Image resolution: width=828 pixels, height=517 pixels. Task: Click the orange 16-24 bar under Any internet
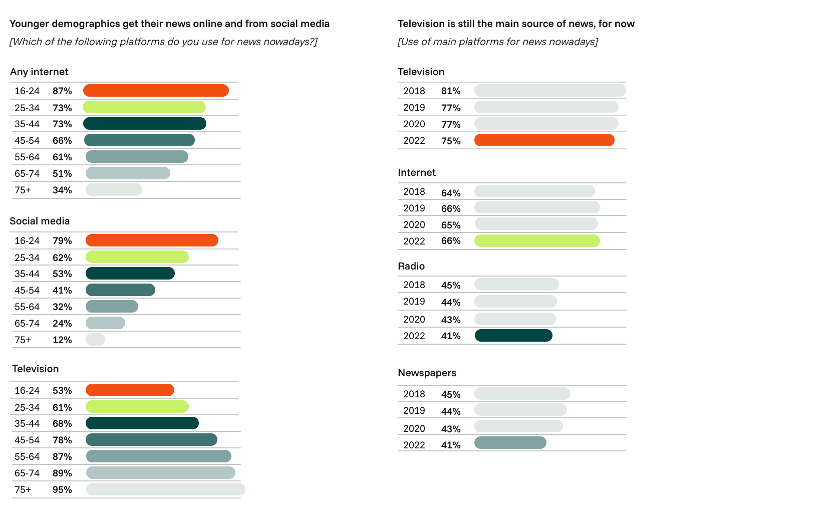pyautogui.click(x=156, y=91)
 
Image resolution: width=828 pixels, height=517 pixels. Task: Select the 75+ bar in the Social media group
pyautogui.click(x=95, y=340)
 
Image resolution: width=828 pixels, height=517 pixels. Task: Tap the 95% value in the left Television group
pyautogui.click(x=62, y=490)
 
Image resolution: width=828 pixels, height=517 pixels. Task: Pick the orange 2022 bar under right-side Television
pyautogui.click(x=544, y=140)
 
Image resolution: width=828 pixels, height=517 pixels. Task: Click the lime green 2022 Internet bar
pyautogui.click(x=537, y=241)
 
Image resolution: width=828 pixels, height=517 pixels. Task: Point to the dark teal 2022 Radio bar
pyautogui.click(x=513, y=336)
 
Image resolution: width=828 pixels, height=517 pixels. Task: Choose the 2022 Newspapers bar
pyautogui.click(x=510, y=443)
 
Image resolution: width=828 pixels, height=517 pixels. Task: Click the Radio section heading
pyautogui.click(x=411, y=266)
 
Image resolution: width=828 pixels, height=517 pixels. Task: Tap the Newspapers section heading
pyautogui.click(x=427, y=373)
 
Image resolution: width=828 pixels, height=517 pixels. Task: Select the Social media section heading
pyautogui.click(x=40, y=221)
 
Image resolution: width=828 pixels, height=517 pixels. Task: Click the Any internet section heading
pyautogui.click(x=39, y=72)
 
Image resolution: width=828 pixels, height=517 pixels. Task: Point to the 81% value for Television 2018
pyautogui.click(x=451, y=91)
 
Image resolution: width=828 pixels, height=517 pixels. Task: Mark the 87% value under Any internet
pyautogui.click(x=62, y=91)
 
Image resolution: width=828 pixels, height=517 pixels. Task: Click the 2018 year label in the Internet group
pyautogui.click(x=414, y=192)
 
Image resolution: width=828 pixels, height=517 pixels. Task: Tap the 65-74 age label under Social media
pyautogui.click(x=27, y=324)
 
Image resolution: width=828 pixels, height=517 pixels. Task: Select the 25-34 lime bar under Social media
pyautogui.click(x=137, y=257)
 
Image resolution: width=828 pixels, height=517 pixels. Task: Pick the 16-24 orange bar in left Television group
pyautogui.click(x=130, y=390)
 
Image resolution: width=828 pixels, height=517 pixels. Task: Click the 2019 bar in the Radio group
pyautogui.click(x=515, y=302)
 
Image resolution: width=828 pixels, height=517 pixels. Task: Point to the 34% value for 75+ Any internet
pyautogui.click(x=62, y=190)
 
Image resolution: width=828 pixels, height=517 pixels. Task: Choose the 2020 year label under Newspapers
pyautogui.click(x=414, y=429)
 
